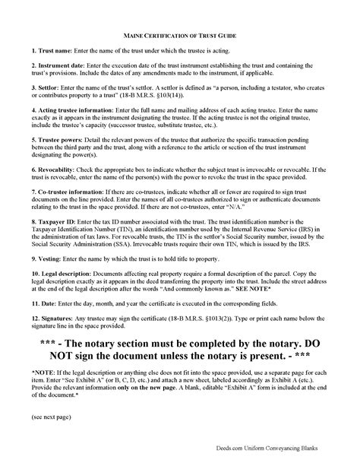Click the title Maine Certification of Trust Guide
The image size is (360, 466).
tap(180, 35)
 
